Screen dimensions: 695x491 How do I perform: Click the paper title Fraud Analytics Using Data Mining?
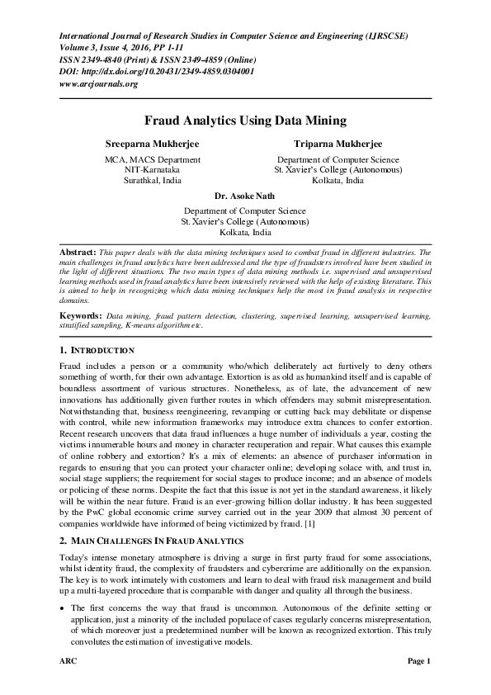(245, 121)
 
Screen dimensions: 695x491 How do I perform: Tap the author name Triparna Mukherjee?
(338, 144)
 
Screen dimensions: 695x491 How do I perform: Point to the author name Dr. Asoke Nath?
(245, 197)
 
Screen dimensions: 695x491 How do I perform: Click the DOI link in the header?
(157, 71)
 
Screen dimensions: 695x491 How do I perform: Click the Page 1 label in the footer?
(418, 662)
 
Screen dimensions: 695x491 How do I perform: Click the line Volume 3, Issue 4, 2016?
(114, 48)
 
